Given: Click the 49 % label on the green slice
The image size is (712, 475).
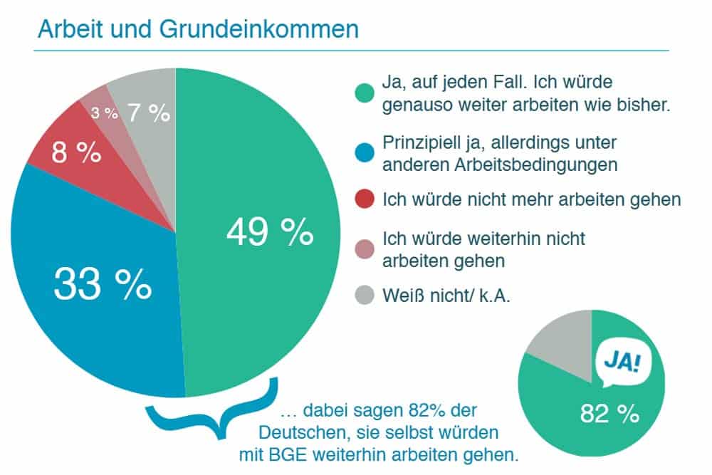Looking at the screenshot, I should pyautogui.click(x=269, y=232).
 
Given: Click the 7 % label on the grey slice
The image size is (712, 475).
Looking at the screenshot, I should pyautogui.click(x=149, y=113).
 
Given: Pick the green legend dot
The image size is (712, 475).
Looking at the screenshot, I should pyautogui.click(x=365, y=93).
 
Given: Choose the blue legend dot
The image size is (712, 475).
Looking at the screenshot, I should pyautogui.click(x=365, y=153).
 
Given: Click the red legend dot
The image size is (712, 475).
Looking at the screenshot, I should pyautogui.click(x=365, y=200).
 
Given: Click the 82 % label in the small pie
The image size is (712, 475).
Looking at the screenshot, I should pyautogui.click(x=609, y=414).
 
